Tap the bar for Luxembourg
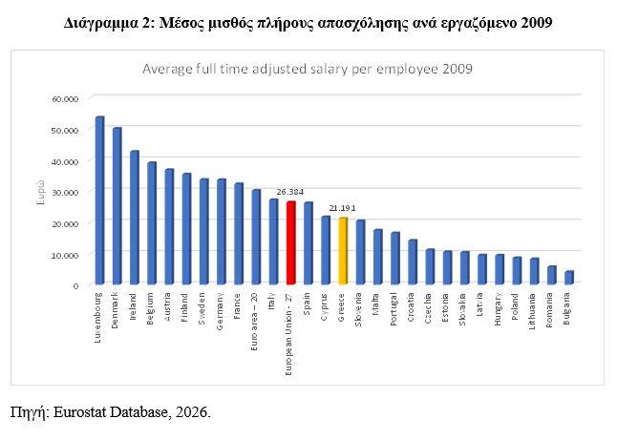click(99, 200)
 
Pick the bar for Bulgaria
click(568, 278)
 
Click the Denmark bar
click(117, 206)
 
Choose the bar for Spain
click(308, 242)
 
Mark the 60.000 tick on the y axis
click(66, 97)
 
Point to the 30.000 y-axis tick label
click(66, 191)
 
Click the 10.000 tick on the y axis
click(66, 254)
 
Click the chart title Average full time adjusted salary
click(308, 69)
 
